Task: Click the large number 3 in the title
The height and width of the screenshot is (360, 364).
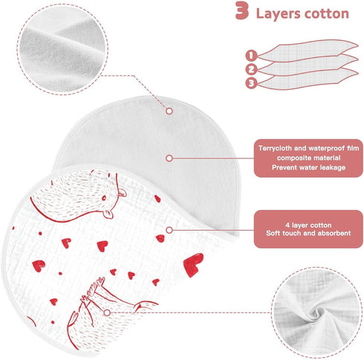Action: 241,10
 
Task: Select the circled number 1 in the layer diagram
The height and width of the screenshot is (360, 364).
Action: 251,55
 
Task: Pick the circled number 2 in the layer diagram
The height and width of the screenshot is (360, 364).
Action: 251,69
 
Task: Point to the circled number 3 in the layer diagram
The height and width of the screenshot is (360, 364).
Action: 251,83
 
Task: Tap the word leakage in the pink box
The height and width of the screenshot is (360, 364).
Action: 333,167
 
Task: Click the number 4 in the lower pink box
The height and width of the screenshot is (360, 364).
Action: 287,225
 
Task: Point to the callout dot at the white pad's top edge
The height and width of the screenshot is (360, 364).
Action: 169,111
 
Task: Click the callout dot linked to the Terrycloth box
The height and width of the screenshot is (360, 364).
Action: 169,158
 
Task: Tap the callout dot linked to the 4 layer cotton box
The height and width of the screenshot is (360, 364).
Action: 169,230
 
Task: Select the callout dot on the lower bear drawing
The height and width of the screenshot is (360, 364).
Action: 107,312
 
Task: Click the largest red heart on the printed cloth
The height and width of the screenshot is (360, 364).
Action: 193,265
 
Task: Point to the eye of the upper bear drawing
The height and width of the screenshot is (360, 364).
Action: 103,198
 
